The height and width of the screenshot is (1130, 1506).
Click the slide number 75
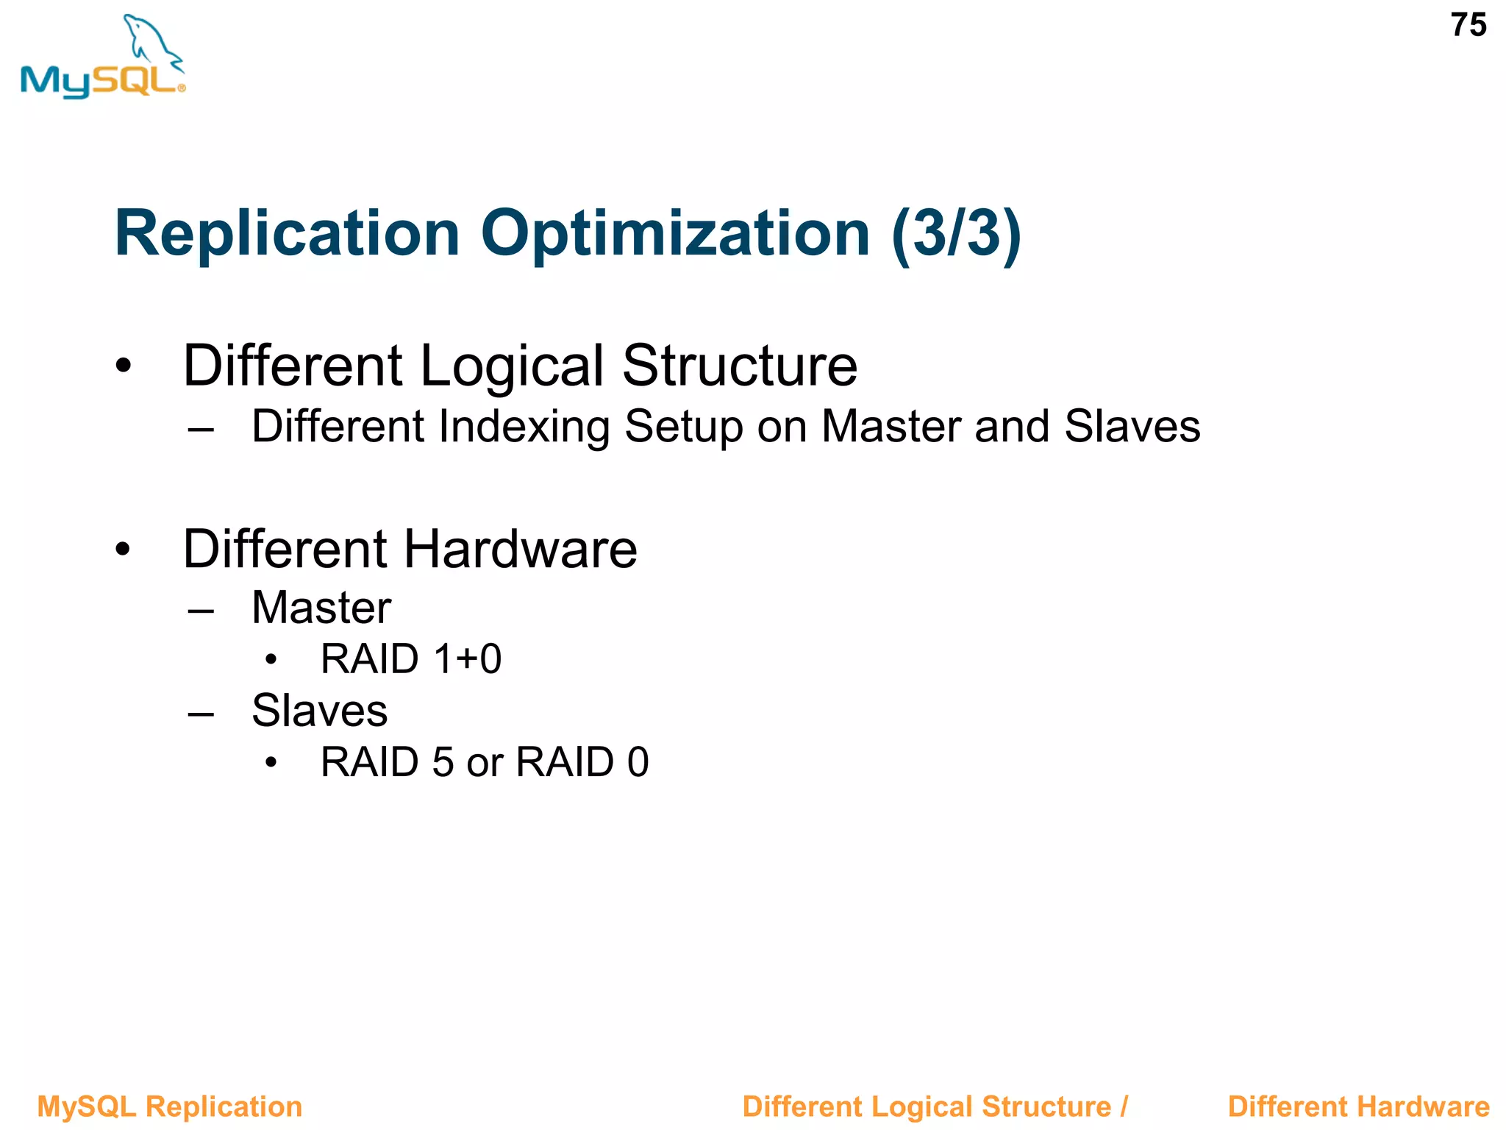[x=1468, y=26]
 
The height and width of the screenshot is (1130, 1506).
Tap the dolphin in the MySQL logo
[x=150, y=40]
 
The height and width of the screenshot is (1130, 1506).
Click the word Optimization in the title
[x=675, y=233]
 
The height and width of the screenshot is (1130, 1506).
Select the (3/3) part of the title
[x=956, y=233]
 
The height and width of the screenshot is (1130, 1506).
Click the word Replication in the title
[x=287, y=233]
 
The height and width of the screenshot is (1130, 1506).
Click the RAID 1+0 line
[x=411, y=658]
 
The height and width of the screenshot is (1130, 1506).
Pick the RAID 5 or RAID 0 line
[x=485, y=761]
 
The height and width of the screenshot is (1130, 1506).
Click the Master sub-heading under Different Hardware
[x=321, y=608]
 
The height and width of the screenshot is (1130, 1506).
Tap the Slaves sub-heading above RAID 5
[x=319, y=711]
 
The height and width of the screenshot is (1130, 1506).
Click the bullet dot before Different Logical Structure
[x=124, y=365]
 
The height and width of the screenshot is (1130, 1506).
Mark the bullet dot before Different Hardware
[x=124, y=549]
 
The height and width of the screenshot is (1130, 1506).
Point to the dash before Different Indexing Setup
[x=200, y=429]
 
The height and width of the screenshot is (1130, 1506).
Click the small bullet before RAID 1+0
[x=271, y=659]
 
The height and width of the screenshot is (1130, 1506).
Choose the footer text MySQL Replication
[x=170, y=1106]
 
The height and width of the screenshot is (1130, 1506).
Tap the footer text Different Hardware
[x=1358, y=1106]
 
